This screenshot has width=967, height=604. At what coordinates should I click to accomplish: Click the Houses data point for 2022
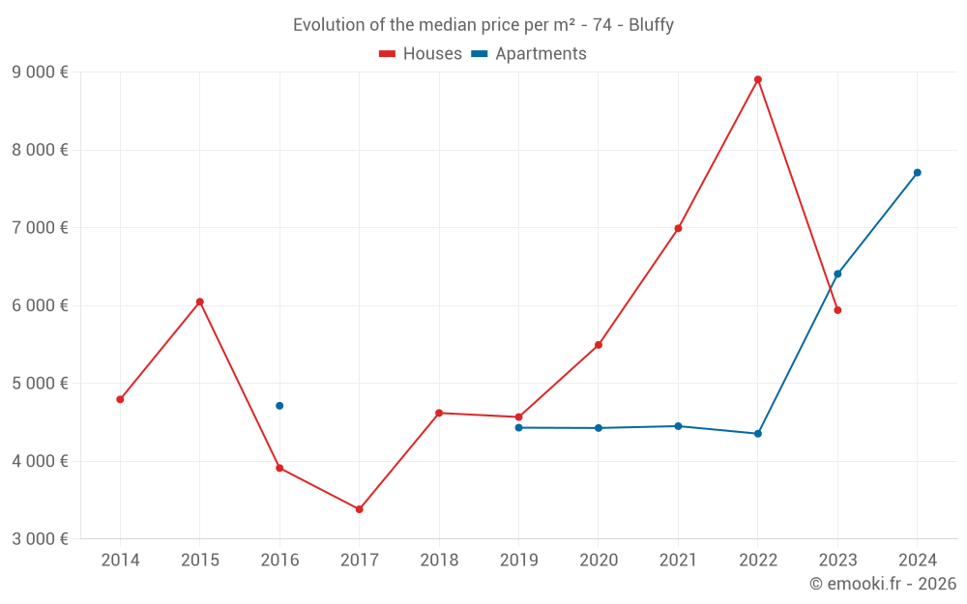click(x=758, y=79)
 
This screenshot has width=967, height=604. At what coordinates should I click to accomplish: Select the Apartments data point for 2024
click(x=918, y=173)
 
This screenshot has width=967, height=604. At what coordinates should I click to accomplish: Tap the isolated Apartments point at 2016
click(x=279, y=406)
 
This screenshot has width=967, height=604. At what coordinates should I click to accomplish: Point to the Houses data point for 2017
click(x=360, y=509)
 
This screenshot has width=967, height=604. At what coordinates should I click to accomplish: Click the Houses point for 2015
click(x=200, y=302)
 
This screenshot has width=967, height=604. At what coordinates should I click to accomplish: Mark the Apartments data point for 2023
click(x=837, y=274)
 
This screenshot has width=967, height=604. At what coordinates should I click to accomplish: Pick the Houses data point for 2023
click(x=837, y=310)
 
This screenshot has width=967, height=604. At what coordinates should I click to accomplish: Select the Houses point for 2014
click(x=120, y=399)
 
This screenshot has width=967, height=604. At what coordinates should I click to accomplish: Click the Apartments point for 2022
click(x=758, y=434)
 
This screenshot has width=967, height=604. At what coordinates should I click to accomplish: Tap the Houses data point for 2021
click(x=678, y=229)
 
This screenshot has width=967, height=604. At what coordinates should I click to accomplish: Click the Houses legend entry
click(x=421, y=54)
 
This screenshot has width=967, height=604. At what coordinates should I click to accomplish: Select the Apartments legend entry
click(x=529, y=54)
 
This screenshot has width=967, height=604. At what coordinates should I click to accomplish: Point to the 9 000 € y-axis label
click(x=40, y=72)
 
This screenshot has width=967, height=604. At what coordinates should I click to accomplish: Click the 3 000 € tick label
click(x=40, y=539)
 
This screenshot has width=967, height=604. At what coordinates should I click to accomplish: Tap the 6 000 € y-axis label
click(x=40, y=305)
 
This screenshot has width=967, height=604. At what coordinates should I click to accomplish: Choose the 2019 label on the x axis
click(x=518, y=561)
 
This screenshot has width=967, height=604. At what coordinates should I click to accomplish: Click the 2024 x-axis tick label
click(x=918, y=561)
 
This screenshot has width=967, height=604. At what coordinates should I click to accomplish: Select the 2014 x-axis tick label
click(x=120, y=561)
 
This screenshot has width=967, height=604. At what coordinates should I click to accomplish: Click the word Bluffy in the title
click(x=651, y=25)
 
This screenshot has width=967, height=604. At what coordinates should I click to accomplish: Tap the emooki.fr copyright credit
click(x=883, y=584)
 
